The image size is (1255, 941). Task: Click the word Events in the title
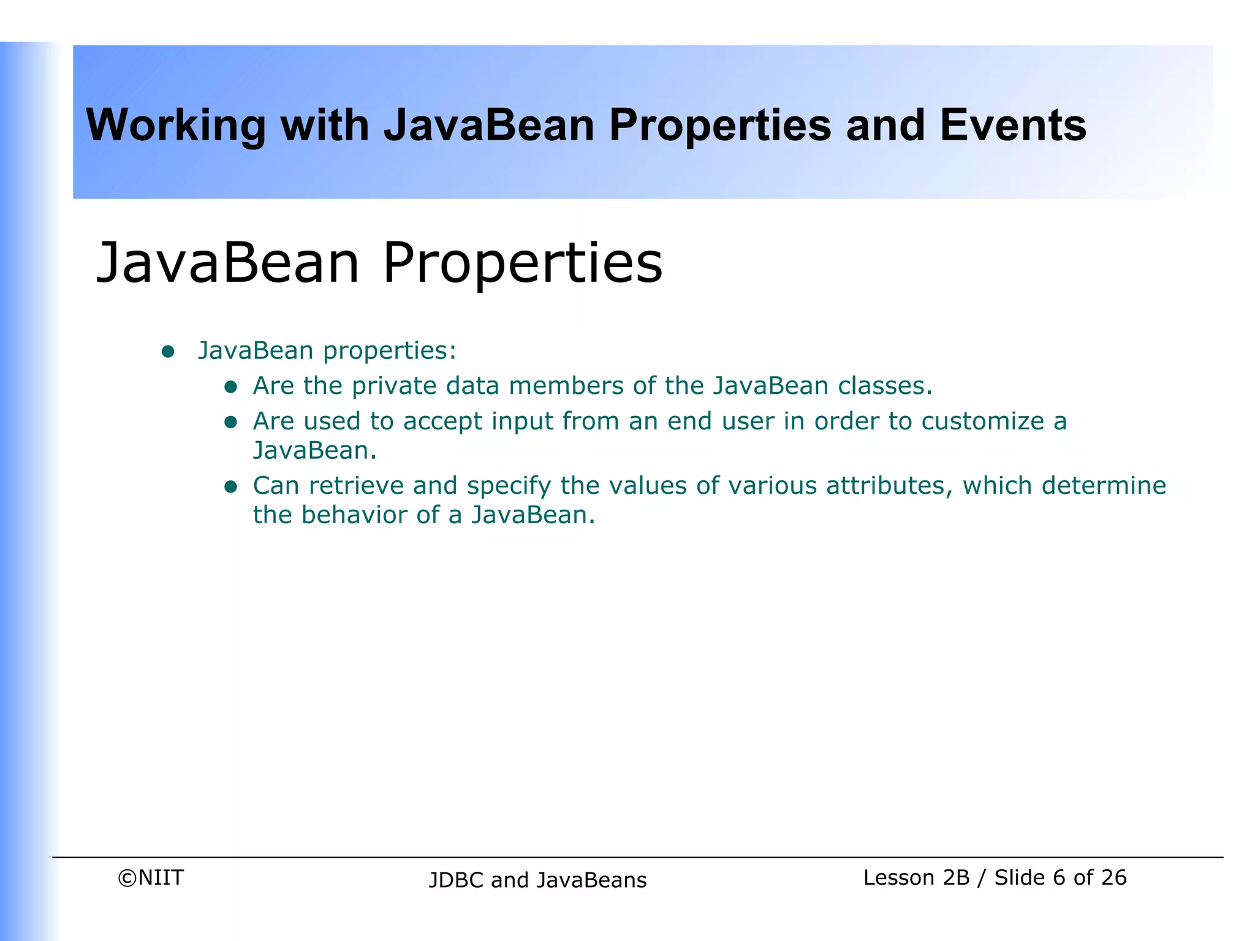click(x=1012, y=126)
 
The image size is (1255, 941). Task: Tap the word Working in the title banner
click(x=175, y=126)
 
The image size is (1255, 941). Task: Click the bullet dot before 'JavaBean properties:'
click(x=168, y=352)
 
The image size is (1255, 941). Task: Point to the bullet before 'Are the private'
click(x=230, y=387)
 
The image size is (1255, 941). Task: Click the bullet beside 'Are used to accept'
click(x=230, y=422)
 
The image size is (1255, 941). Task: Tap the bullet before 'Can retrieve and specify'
click(x=230, y=486)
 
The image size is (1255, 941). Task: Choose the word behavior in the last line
click(x=354, y=515)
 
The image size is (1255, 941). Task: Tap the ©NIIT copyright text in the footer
click(x=151, y=878)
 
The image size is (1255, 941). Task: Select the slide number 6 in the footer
click(x=1059, y=878)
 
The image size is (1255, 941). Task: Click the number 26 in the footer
click(x=1113, y=878)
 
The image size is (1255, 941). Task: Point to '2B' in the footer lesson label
click(x=956, y=878)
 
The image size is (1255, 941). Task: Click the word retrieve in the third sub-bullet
click(x=356, y=486)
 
